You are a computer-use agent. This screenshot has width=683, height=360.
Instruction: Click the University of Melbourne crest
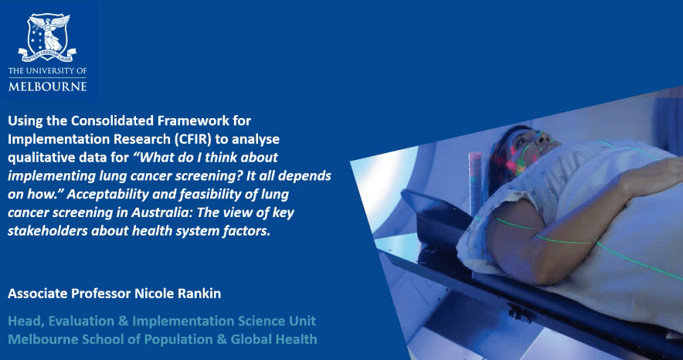[47, 37]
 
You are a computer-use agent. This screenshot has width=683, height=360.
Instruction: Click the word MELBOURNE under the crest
[47, 86]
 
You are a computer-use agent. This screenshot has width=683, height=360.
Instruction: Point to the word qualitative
[39, 158]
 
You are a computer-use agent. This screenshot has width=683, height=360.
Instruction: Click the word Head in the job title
[25, 321]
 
